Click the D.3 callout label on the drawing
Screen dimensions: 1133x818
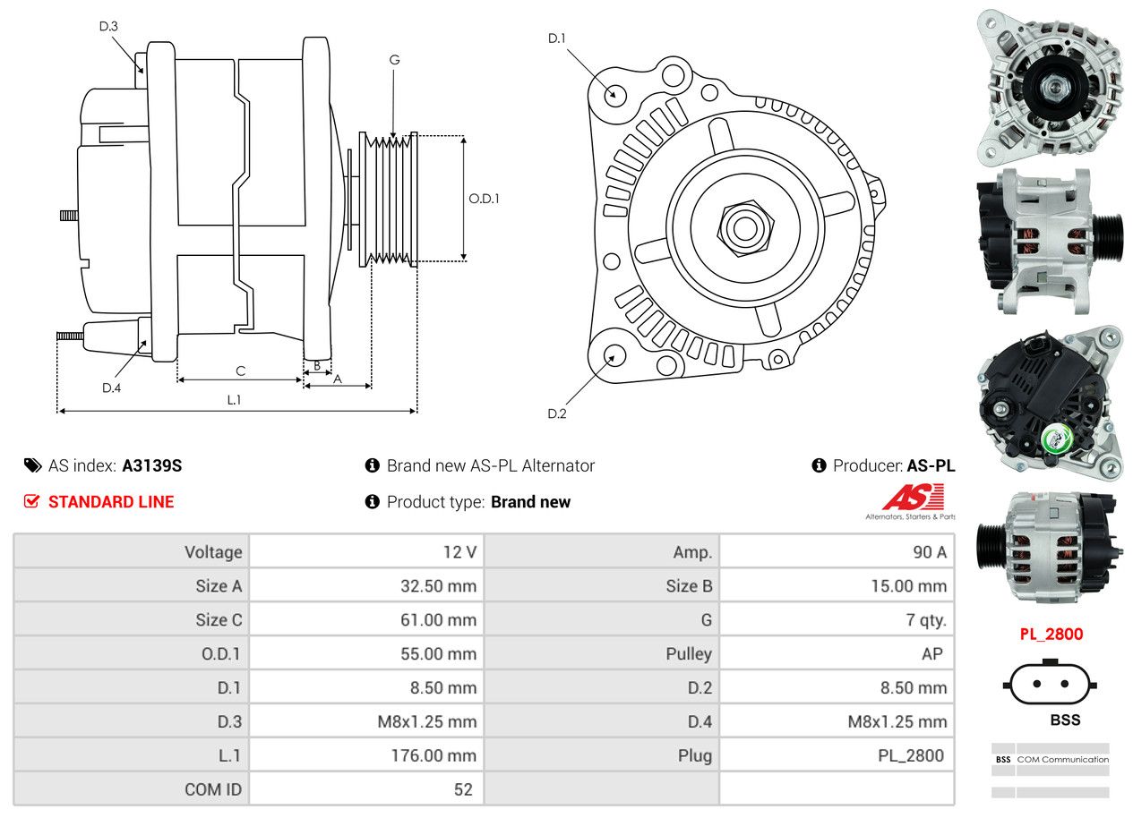pyautogui.click(x=108, y=26)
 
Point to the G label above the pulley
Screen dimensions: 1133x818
pyautogui.click(x=394, y=60)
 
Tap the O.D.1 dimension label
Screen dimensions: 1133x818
pyautogui.click(x=484, y=199)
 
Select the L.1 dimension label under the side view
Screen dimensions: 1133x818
pyautogui.click(x=234, y=400)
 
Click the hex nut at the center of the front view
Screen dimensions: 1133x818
pyautogui.click(x=745, y=228)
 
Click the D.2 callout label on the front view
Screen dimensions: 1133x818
pyautogui.click(x=557, y=413)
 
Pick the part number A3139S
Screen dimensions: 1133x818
pyautogui.click(x=151, y=465)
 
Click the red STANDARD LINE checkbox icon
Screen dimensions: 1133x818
pyautogui.click(x=31, y=501)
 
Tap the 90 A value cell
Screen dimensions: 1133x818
pyautogui.click(x=930, y=552)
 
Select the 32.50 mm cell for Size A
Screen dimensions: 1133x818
pyautogui.click(x=439, y=586)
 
